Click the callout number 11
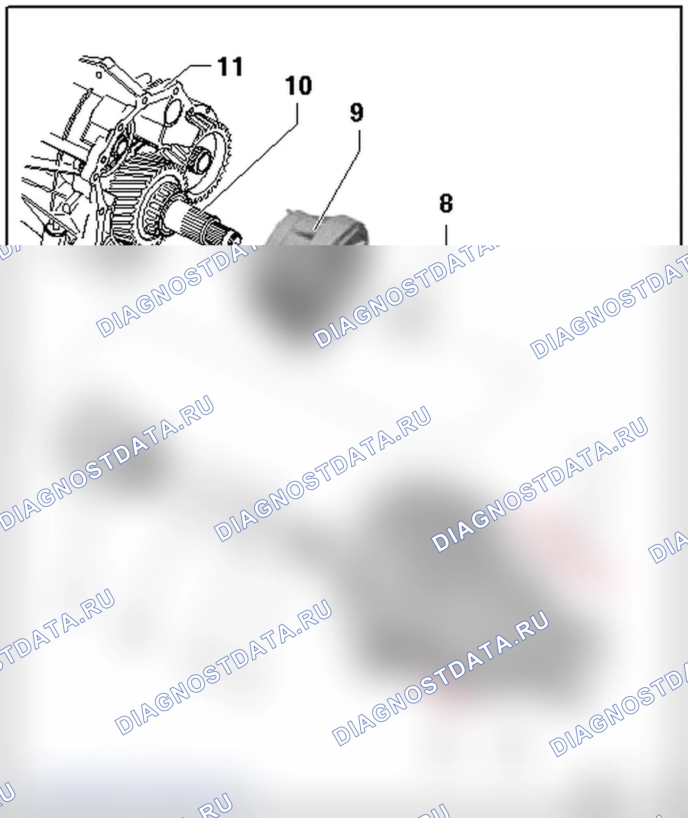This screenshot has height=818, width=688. point(230,66)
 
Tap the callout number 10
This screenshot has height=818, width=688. point(298,85)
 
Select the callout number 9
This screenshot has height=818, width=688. point(357,112)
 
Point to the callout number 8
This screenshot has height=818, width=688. point(446,203)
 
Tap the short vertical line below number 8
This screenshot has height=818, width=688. point(446,235)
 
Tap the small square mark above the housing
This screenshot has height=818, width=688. point(99,74)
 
